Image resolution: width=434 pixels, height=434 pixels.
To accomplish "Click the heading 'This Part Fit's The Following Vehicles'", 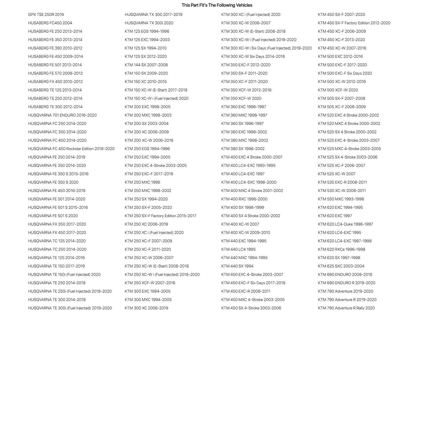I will click(x=217, y=5).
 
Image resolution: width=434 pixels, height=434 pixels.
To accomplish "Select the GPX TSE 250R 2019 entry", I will click(x=46, y=14).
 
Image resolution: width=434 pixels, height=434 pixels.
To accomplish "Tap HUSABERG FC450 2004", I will click(x=50, y=23).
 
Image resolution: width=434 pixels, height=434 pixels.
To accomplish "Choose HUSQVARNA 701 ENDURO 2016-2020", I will click(x=62, y=115).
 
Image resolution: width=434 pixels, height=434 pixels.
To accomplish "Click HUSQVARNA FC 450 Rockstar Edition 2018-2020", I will click(x=71, y=149).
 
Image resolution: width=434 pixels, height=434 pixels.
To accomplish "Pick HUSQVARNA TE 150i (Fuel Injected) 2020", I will click(x=64, y=274).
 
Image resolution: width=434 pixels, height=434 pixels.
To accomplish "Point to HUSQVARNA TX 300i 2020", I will click(x=149, y=23).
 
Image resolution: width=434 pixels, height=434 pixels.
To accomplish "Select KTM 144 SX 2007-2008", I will click(x=146, y=65).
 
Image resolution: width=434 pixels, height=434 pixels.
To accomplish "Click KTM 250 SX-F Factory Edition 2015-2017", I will click(x=160, y=216).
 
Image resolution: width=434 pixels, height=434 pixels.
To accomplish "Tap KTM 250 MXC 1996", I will click(x=142, y=182).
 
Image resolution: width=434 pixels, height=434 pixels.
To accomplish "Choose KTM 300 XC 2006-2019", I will click(x=146, y=308).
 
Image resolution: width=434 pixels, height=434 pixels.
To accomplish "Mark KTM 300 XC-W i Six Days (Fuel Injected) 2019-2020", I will click(x=266, y=48).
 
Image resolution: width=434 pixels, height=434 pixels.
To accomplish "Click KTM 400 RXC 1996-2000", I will click(x=244, y=199).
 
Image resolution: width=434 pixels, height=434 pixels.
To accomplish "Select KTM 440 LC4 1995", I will click(x=238, y=249).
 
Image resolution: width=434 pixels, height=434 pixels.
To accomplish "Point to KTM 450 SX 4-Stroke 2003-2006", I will click(x=251, y=308).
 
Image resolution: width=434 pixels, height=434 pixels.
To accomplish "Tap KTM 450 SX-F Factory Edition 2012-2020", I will click(x=354, y=23).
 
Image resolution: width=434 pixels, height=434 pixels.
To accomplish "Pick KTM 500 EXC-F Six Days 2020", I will click(x=345, y=73).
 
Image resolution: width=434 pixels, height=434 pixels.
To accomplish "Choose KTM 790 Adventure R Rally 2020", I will click(x=346, y=308).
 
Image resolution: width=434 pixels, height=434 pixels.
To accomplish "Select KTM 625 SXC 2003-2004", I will click(x=341, y=266).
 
